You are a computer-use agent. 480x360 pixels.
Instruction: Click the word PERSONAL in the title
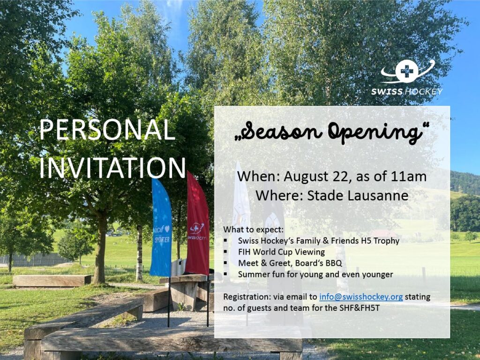107,130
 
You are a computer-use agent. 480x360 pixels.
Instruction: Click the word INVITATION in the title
112,168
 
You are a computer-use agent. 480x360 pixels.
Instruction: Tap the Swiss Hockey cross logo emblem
407,72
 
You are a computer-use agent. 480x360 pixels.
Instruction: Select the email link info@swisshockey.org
361,297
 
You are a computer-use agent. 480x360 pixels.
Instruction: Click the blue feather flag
161,228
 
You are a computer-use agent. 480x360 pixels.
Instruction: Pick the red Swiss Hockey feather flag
197,224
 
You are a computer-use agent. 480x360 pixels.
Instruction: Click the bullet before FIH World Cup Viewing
225,252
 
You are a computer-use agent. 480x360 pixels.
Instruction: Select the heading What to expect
254,230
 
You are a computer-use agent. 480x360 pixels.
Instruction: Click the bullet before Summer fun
225,274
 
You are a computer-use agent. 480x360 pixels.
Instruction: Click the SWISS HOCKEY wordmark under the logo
407,91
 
